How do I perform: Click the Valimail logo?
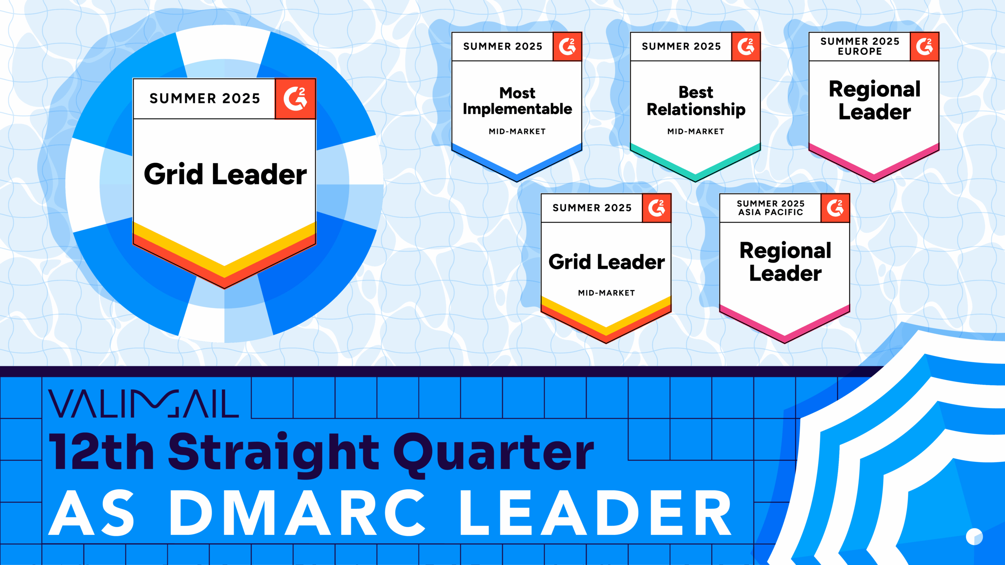(143, 403)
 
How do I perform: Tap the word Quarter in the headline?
(494, 453)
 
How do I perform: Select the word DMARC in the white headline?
(298, 513)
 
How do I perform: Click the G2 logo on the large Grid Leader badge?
(295, 98)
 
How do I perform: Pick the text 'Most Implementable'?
(517, 101)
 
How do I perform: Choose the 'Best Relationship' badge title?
(696, 101)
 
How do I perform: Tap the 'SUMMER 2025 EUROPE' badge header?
(859, 46)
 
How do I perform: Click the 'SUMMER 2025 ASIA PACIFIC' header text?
(770, 208)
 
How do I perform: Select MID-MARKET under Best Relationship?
(696, 131)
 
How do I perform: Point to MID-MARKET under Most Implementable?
(517, 131)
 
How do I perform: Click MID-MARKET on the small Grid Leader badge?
(606, 293)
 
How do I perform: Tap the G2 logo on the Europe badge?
(925, 47)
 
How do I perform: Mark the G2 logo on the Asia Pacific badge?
(835, 208)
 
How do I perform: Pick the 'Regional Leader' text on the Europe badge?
(874, 101)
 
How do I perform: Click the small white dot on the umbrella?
(974, 537)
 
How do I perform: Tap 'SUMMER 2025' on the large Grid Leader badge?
(205, 98)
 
